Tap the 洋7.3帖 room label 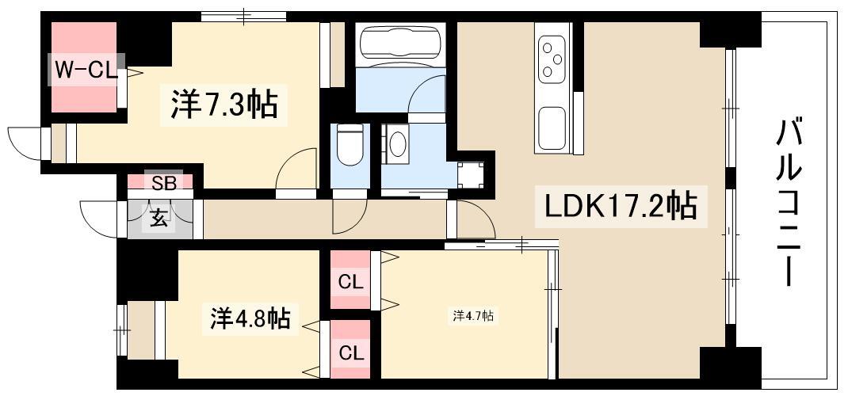(x=224, y=104)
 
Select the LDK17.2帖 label (x=621, y=205)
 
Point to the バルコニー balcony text (x=789, y=204)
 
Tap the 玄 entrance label (x=159, y=219)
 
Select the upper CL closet (x=350, y=280)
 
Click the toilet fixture (x=350, y=145)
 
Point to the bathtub (x=401, y=44)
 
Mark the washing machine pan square (x=470, y=174)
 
